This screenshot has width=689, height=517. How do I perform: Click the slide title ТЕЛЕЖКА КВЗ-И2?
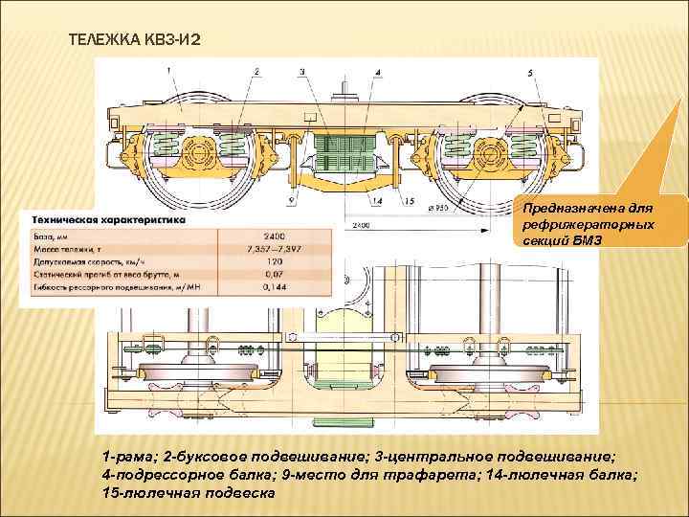134,39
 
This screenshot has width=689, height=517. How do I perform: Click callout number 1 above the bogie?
167,70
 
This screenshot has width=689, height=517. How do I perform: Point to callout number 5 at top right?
530,74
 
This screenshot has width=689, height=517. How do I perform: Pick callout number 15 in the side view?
409,201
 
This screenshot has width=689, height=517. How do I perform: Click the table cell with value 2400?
275,235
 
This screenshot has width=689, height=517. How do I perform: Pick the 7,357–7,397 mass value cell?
275,248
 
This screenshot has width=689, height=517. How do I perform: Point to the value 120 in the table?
275,261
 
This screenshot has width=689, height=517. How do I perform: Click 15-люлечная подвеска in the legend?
188,492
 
